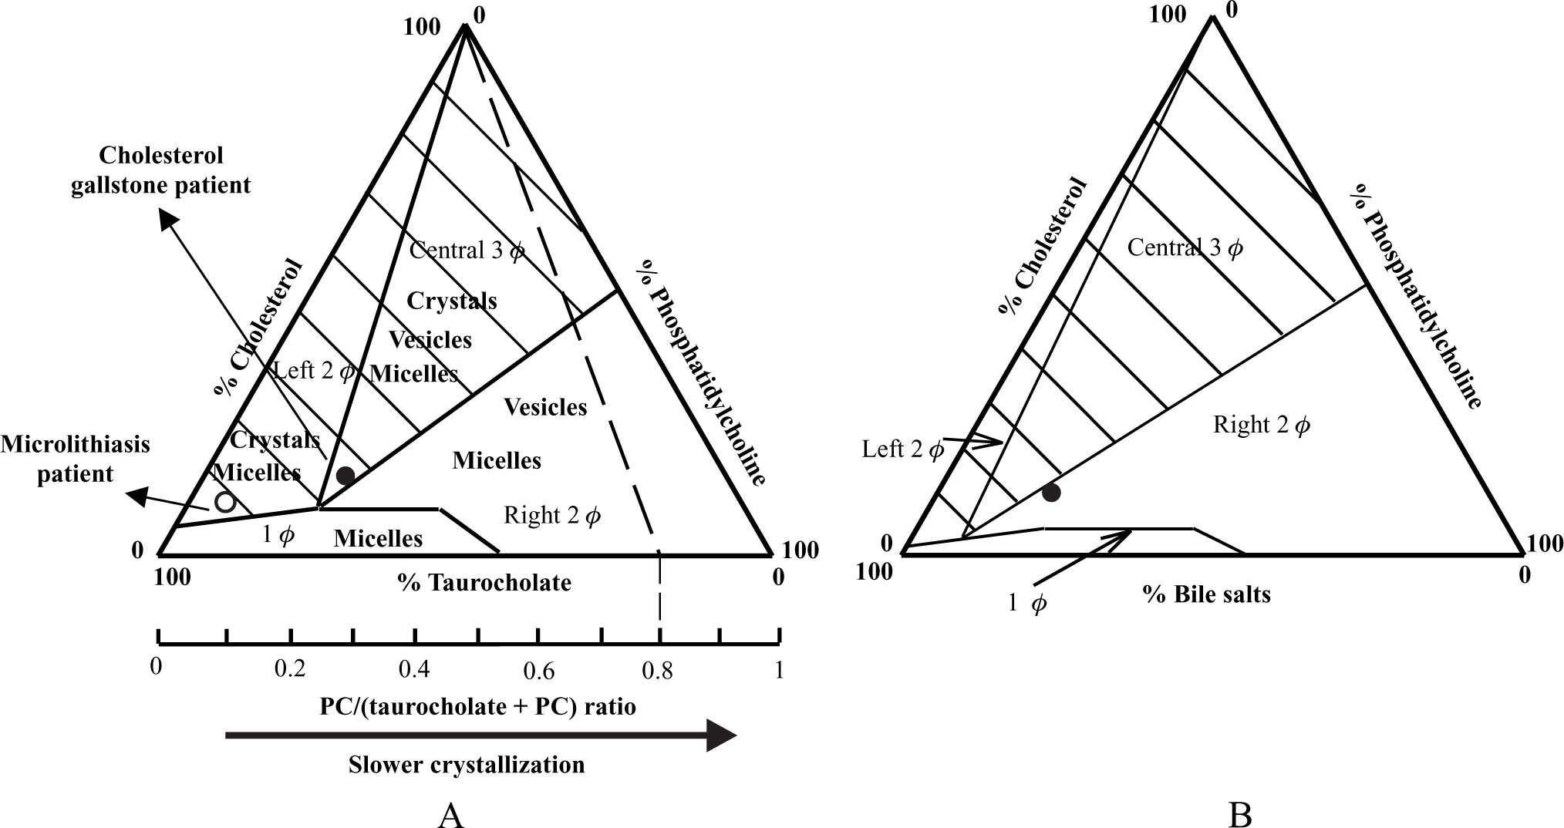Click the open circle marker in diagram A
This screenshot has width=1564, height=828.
point(224,502)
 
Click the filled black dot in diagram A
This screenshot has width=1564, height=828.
point(345,476)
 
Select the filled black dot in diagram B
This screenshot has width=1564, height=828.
point(1051,492)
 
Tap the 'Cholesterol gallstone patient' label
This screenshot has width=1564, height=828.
point(161,170)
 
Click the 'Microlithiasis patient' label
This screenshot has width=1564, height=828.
point(75,459)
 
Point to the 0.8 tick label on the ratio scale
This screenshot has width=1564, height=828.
point(657,671)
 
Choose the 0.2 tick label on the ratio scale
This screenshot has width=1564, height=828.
point(290,668)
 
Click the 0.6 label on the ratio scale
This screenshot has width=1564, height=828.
point(538,671)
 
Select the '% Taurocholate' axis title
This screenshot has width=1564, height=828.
point(484,582)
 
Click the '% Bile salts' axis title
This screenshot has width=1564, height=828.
point(1206,594)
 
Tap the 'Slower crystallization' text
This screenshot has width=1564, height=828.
point(466,765)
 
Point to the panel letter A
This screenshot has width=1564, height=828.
point(450,814)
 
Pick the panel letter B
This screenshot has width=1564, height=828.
point(1239,814)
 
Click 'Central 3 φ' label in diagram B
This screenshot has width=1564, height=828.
point(1185,247)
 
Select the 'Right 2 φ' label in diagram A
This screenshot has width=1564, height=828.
point(551,515)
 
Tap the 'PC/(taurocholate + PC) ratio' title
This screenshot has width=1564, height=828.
point(478,706)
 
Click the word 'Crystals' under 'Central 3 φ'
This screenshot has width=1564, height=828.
point(452,301)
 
